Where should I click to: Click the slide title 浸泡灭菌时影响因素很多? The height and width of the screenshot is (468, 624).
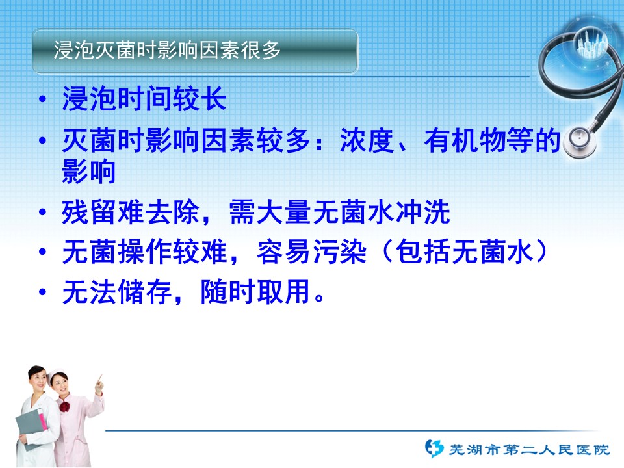[x=167, y=51]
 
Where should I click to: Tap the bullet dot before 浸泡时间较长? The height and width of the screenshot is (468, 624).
[x=43, y=99]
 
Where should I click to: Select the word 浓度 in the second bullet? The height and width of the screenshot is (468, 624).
[x=367, y=140]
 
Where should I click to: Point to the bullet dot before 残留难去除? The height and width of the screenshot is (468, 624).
[x=43, y=212]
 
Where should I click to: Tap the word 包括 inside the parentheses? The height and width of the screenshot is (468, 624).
[x=423, y=252]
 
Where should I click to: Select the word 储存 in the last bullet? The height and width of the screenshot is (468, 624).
[x=145, y=292]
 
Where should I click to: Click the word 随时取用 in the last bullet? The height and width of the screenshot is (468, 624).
[x=255, y=292]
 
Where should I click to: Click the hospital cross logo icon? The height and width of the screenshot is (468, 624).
[x=434, y=448]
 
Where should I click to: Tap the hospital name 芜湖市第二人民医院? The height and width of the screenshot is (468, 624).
[x=529, y=450]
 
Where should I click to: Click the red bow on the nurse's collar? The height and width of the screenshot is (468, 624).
[x=64, y=406]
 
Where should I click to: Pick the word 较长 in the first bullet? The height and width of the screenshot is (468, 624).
[x=200, y=99]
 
